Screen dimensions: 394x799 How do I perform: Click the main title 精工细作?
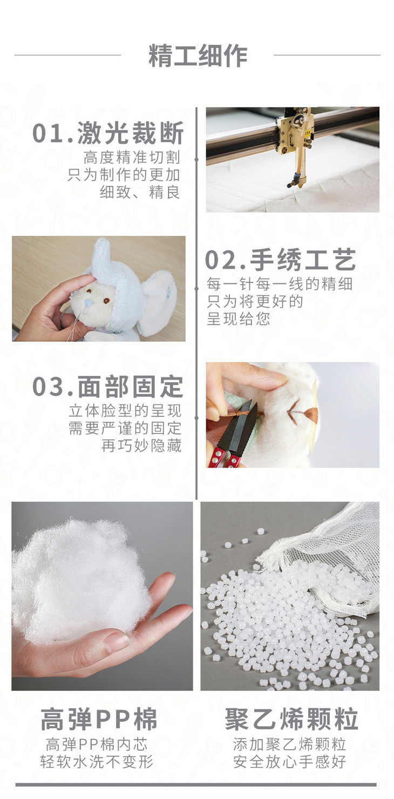(198, 56)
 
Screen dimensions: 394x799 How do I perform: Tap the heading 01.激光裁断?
(108, 133)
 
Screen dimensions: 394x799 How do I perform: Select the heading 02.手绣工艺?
(280, 260)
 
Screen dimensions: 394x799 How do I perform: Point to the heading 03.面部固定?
(108, 387)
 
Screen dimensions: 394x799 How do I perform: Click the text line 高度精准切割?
(132, 157)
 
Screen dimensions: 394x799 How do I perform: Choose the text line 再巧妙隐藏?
(141, 445)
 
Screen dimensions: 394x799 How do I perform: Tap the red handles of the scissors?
(226, 457)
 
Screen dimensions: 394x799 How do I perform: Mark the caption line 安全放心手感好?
(289, 761)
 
